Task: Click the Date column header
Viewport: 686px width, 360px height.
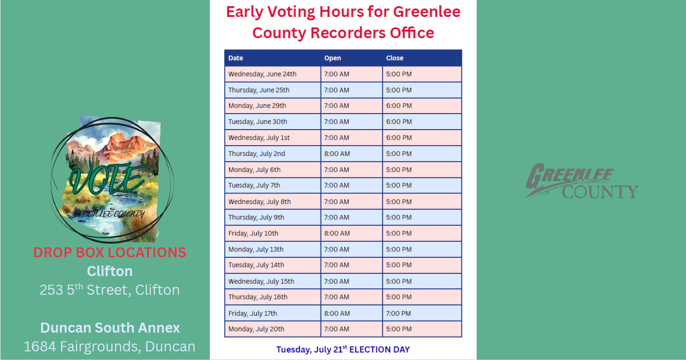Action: pos(235,58)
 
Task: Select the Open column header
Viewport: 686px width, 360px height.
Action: pos(333,58)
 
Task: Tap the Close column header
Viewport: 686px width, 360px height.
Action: pos(395,58)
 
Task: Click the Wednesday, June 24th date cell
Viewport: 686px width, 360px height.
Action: pos(262,74)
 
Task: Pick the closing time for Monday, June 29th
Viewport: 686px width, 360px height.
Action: pos(399,106)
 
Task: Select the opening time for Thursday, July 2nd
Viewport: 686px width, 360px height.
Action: pos(337,153)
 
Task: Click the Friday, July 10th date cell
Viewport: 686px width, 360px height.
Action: pos(253,234)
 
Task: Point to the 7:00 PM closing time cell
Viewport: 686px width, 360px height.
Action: pos(398,313)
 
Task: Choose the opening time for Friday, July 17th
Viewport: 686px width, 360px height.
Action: pos(337,313)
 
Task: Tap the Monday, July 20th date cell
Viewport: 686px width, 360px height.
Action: pos(256,329)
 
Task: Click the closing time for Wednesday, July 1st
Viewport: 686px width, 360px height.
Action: pos(399,137)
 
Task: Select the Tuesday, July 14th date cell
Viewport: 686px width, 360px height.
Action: pos(256,265)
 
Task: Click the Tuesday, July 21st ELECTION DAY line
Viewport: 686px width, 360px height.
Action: pos(343,349)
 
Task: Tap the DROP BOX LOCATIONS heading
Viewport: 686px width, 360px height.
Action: pos(109,252)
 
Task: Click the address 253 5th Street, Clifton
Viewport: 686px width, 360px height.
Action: pos(109,290)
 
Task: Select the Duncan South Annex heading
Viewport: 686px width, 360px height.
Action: pos(110,328)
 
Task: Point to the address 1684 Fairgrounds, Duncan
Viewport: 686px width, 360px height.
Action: pos(109,346)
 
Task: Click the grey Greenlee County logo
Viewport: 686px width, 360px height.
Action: pos(582,181)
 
